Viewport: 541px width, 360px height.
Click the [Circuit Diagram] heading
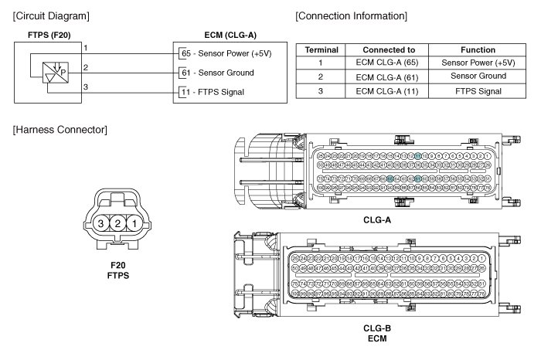pyautogui.click(x=52, y=16)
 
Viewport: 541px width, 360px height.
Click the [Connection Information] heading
pyautogui.click(x=352, y=15)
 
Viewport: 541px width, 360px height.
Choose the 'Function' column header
pyautogui.click(x=477, y=49)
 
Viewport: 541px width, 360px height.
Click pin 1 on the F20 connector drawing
pyautogui.click(x=134, y=224)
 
